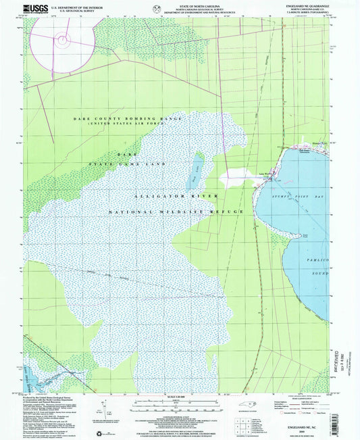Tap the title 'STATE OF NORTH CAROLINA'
tap(179, 5)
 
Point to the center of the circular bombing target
tap(63, 40)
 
